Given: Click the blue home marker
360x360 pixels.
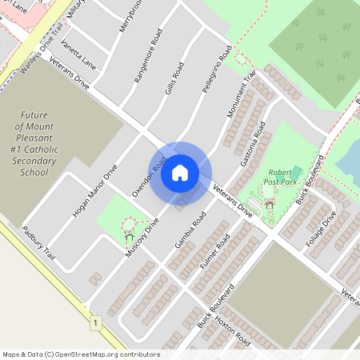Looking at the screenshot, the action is [180, 171].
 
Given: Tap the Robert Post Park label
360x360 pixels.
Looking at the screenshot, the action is [281, 177].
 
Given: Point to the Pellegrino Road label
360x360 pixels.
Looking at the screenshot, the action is [217, 70].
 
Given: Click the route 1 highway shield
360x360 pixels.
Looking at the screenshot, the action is [95, 322].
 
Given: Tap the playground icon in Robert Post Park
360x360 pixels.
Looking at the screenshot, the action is [270, 204].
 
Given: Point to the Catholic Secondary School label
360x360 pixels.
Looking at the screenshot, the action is [34, 143].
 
